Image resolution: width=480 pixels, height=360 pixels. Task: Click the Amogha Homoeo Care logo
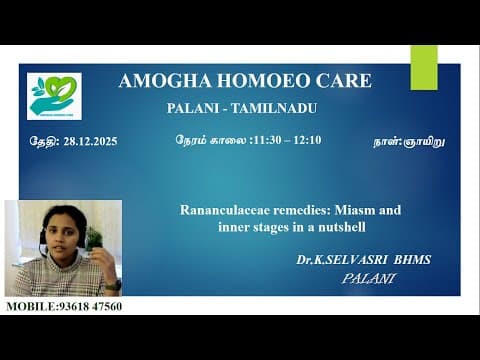point(55,96)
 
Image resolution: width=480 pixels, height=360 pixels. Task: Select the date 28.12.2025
point(89,141)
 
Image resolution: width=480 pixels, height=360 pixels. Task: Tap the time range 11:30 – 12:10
point(287,141)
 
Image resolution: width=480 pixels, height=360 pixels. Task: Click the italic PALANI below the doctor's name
point(368,278)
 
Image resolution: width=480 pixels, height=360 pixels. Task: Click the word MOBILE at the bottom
point(29,306)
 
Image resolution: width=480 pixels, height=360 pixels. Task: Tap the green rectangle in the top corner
point(424,67)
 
